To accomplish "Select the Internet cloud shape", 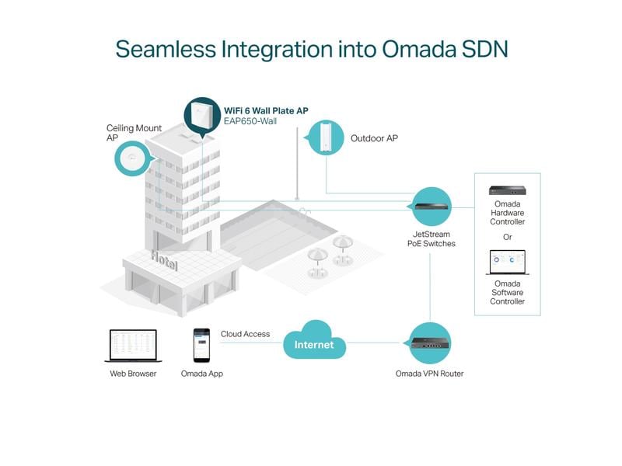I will click(313, 343).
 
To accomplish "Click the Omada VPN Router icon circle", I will click(430, 342).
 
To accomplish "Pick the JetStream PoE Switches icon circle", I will click(429, 207).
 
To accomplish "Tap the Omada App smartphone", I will click(202, 344).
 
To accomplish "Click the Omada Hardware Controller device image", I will click(507, 190).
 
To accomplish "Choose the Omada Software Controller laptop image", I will click(507, 262).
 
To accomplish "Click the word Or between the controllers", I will click(507, 237).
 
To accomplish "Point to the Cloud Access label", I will click(245, 334).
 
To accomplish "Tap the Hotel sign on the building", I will click(164, 260).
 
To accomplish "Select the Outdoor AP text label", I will click(374, 138).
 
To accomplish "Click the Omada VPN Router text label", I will click(429, 374).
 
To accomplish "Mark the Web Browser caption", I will click(133, 374).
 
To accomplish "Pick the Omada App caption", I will click(202, 374).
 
